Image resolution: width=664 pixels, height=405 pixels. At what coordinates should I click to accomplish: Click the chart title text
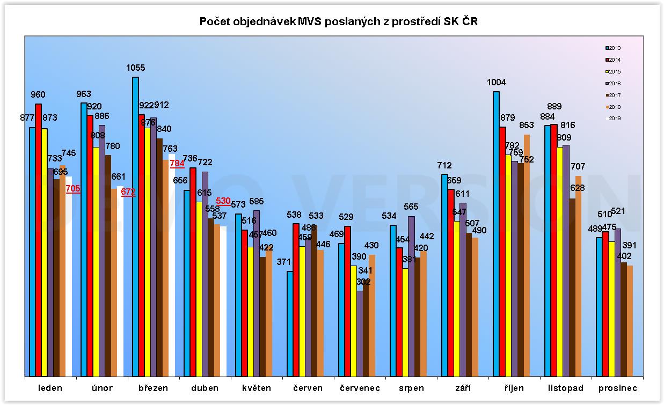(x=338, y=21)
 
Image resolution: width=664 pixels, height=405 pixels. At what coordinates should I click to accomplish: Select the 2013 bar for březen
(x=135, y=225)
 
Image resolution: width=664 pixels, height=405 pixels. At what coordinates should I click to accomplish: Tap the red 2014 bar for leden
(x=38, y=241)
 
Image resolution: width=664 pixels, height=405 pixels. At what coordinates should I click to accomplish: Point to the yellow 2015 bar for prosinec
(x=611, y=308)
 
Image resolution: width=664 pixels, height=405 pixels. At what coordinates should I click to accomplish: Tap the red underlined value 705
(x=73, y=188)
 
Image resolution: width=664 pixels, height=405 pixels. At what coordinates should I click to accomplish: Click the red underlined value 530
(x=223, y=201)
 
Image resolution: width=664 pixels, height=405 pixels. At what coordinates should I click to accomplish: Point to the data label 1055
(x=135, y=68)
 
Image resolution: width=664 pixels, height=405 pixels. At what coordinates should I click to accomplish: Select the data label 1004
(x=496, y=83)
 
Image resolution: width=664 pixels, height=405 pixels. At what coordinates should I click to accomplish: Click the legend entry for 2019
(x=611, y=119)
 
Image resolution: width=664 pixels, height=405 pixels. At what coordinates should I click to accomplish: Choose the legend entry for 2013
(x=611, y=48)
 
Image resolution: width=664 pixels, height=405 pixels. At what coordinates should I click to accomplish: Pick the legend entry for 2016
(x=611, y=84)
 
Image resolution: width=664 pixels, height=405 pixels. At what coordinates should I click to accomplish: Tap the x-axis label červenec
(x=360, y=388)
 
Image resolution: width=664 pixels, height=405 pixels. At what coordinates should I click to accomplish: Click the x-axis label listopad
(x=565, y=388)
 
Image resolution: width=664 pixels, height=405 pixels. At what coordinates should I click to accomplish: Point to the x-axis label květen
(x=256, y=388)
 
